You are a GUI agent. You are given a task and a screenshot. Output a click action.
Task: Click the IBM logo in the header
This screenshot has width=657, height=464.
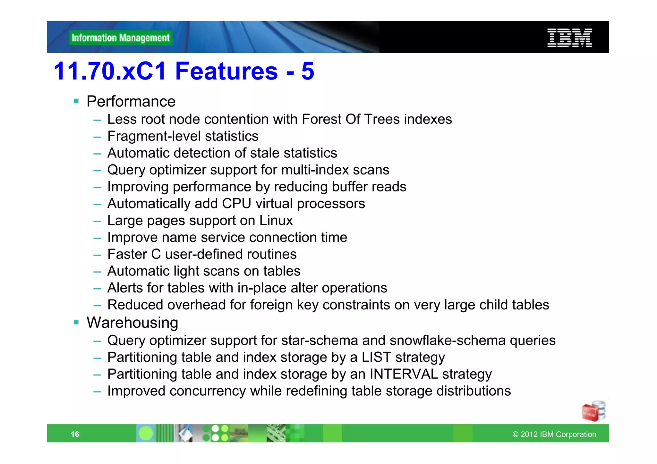(x=569, y=38)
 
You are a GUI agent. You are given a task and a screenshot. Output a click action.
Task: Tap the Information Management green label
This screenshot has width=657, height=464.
(x=121, y=38)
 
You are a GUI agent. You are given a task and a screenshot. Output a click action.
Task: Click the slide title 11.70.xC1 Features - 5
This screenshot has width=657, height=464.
(x=184, y=71)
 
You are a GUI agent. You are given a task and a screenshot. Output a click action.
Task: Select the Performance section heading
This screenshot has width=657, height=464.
(x=131, y=102)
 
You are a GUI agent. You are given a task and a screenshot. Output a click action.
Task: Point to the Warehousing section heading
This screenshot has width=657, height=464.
(x=132, y=323)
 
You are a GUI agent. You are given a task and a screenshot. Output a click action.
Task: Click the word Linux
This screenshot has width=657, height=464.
(x=276, y=221)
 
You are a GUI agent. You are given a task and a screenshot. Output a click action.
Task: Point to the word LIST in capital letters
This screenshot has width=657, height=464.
(x=376, y=357)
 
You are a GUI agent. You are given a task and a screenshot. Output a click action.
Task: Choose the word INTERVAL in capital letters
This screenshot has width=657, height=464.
(x=404, y=374)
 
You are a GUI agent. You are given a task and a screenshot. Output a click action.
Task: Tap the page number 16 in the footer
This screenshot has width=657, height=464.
(x=75, y=434)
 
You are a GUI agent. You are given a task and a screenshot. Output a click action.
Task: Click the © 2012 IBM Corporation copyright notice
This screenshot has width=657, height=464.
(x=554, y=434)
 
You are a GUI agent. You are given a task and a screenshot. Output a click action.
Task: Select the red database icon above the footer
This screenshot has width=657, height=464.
(x=593, y=411)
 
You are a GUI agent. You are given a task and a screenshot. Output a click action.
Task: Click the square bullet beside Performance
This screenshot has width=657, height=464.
(x=76, y=101)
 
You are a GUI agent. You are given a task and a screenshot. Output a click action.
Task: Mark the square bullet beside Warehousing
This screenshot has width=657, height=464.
(x=76, y=322)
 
